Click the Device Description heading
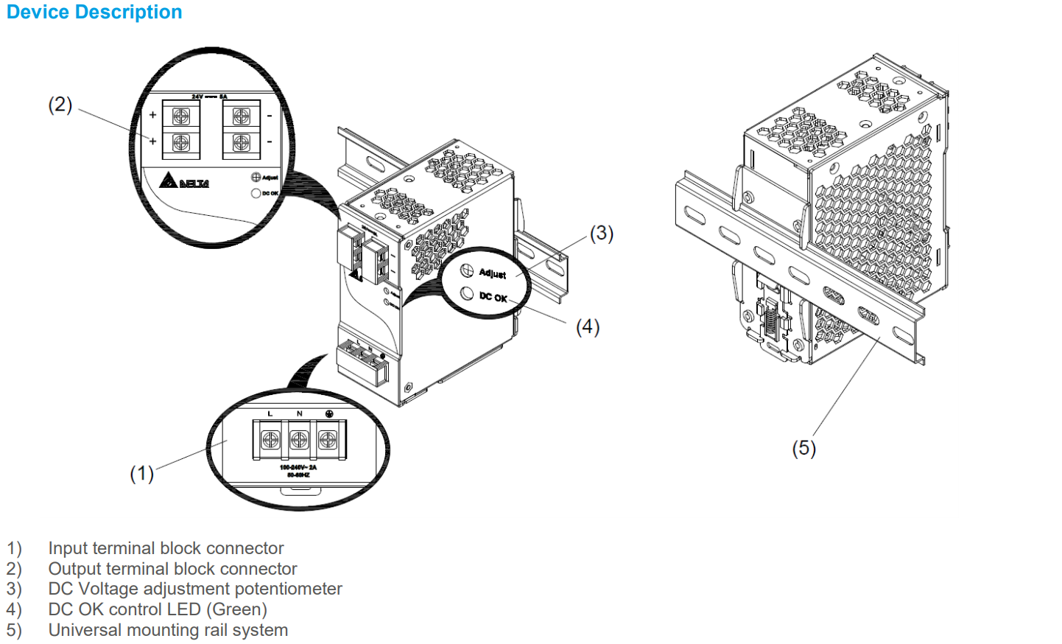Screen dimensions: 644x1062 [94, 13]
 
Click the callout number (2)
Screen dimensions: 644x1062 [60, 105]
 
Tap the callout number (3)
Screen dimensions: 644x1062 [602, 234]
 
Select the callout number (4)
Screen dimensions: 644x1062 [588, 327]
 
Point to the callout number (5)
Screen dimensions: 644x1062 [803, 448]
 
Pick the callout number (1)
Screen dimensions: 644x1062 [141, 474]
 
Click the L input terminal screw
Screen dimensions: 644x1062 [270, 440]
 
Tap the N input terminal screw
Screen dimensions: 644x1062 [299, 440]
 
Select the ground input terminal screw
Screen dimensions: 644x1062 [328, 440]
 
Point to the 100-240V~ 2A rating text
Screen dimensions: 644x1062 [298, 468]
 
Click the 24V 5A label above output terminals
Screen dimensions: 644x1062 [210, 97]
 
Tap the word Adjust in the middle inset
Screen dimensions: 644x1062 [493, 273]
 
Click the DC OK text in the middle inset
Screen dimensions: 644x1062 [493, 297]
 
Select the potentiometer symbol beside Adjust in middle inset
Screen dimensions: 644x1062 [467, 270]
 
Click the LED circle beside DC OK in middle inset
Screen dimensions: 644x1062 [467, 293]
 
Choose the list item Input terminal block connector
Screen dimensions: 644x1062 [166, 548]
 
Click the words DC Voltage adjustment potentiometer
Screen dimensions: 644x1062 [195, 589]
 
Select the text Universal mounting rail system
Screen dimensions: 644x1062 [168, 630]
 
